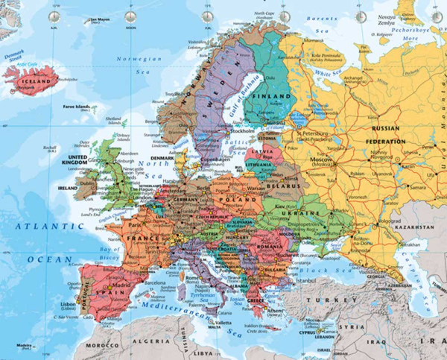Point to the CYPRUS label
point(313,329)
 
